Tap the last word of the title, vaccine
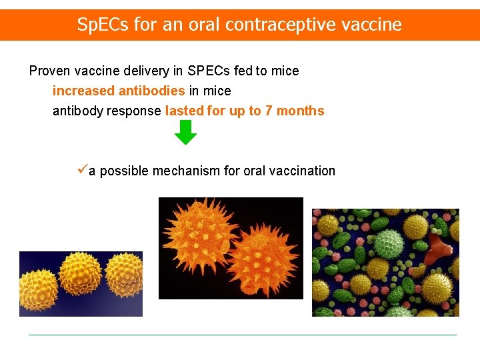point(377,25)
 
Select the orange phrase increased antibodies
point(119,91)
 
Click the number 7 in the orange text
point(269,111)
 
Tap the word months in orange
point(300,111)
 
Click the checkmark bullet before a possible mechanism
point(82,171)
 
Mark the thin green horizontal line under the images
point(243,335)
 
